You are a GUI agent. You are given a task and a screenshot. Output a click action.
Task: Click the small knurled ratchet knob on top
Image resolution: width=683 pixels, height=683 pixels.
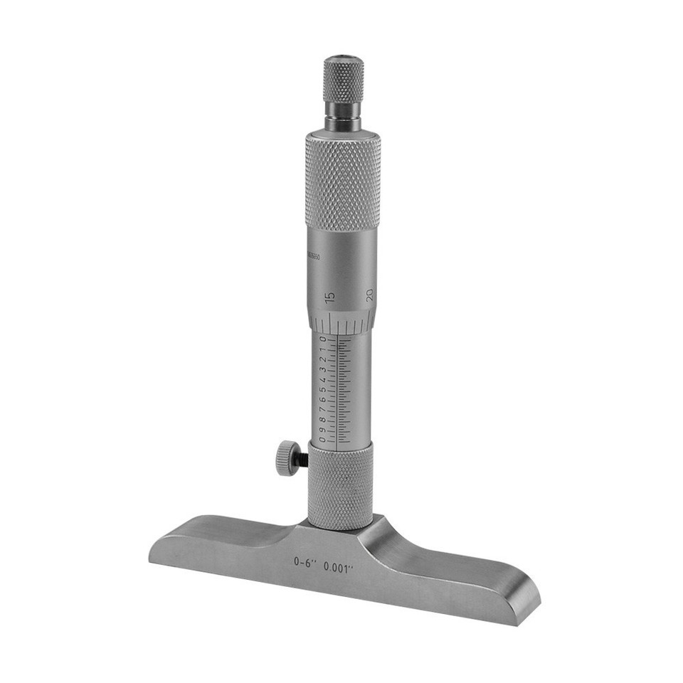point(344,80)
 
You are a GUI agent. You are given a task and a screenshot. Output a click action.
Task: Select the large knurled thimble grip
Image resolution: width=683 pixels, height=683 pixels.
point(343,181)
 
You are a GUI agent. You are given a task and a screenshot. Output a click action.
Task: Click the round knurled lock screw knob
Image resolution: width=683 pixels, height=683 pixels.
point(287,457)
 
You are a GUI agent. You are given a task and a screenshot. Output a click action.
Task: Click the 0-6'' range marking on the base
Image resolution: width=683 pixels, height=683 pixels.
point(305,561)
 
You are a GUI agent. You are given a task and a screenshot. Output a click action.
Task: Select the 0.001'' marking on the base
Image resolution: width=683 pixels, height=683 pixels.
point(339,567)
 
